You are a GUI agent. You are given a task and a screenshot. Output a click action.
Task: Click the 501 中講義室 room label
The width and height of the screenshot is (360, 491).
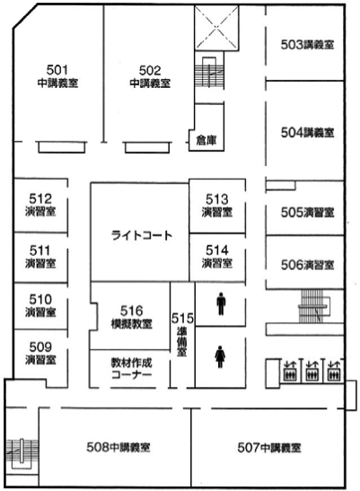coord(57,76)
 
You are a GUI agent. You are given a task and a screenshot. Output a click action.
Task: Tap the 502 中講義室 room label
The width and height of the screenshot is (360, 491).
coord(150,76)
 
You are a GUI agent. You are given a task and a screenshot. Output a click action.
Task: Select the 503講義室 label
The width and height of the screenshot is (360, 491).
coord(307,45)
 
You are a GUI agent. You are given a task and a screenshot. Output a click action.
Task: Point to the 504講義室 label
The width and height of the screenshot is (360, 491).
coord(307,133)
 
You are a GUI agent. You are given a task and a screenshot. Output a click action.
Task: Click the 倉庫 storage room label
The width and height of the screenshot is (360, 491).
coord(206,140)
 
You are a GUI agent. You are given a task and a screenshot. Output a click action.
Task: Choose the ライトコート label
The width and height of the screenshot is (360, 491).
coord(142,235)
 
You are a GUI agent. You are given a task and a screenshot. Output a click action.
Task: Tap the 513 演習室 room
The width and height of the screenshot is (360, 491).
coord(217,206)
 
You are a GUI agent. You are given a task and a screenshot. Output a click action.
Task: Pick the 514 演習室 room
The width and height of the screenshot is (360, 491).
coord(217,257)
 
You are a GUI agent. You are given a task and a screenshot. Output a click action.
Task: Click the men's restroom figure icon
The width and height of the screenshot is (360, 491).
coord(221,303)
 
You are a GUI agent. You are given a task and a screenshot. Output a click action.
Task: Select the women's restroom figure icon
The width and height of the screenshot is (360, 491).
coord(220,356)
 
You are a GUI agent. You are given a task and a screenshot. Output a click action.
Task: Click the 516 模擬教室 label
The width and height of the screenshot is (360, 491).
coord(132,317)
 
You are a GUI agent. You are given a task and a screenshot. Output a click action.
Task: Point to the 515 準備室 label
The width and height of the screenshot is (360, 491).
coord(182,334)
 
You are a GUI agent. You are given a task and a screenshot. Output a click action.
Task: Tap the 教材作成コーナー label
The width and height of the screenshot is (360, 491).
coord(132,369)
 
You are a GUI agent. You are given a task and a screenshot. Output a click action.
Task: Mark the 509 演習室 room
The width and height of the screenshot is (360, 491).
coord(40,359)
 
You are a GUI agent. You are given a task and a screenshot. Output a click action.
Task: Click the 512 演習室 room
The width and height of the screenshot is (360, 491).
coord(40,205)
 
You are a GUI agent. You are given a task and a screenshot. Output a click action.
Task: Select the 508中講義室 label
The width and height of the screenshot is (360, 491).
coord(119,447)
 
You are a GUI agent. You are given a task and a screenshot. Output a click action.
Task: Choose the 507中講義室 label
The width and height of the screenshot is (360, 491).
coord(269,448)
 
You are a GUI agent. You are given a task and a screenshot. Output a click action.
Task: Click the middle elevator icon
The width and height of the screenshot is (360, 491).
coord(311,371)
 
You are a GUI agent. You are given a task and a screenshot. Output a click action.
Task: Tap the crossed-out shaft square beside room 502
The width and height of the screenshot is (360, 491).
coord(216,28)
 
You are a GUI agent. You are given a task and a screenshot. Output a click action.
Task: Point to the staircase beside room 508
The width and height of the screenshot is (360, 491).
coord(22,451)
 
